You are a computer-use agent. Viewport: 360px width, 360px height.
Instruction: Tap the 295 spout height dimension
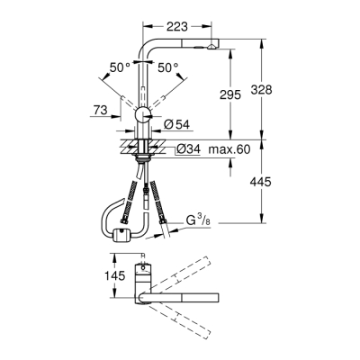[x=230, y=95]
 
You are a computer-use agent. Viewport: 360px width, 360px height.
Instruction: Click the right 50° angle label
[x=168, y=67]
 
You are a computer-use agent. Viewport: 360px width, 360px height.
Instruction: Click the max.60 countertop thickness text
[x=228, y=148]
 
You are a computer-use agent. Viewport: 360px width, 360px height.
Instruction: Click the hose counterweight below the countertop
[x=121, y=236]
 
